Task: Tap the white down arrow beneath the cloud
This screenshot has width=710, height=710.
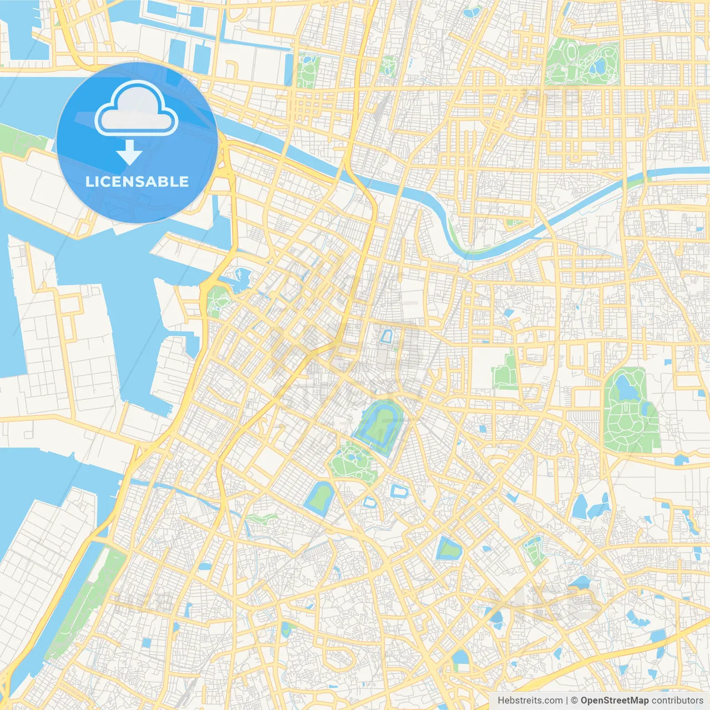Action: [129, 152]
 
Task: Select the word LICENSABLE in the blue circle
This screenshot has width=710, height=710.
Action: [137, 182]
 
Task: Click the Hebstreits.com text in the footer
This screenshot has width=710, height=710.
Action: [530, 701]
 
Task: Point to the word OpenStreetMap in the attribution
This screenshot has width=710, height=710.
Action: [614, 701]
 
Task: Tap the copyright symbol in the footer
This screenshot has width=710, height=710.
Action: [574, 701]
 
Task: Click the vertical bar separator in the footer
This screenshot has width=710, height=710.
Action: [567, 701]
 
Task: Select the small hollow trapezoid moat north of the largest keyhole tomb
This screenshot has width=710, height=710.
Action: [387, 336]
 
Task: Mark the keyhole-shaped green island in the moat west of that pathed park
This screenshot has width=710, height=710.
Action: [319, 498]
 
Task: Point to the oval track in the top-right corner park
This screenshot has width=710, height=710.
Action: [570, 54]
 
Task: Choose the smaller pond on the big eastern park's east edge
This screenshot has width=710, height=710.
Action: [647, 409]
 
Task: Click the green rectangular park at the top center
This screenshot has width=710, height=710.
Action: [307, 71]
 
